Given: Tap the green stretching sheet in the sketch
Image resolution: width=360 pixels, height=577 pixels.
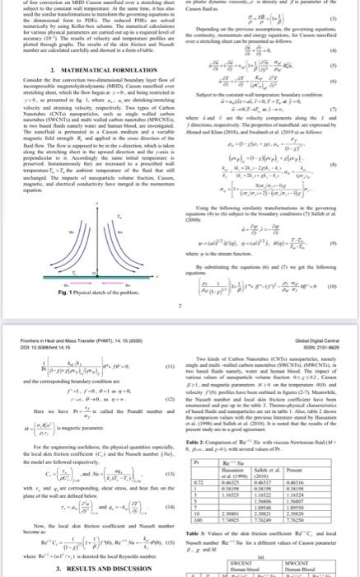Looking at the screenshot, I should (86, 218).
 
